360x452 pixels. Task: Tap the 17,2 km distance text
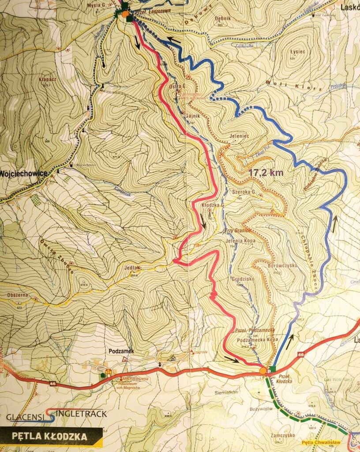(x=266, y=173)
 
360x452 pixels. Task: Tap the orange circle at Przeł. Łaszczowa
(x=125, y=15)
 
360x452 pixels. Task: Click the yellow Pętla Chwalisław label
(x=323, y=442)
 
